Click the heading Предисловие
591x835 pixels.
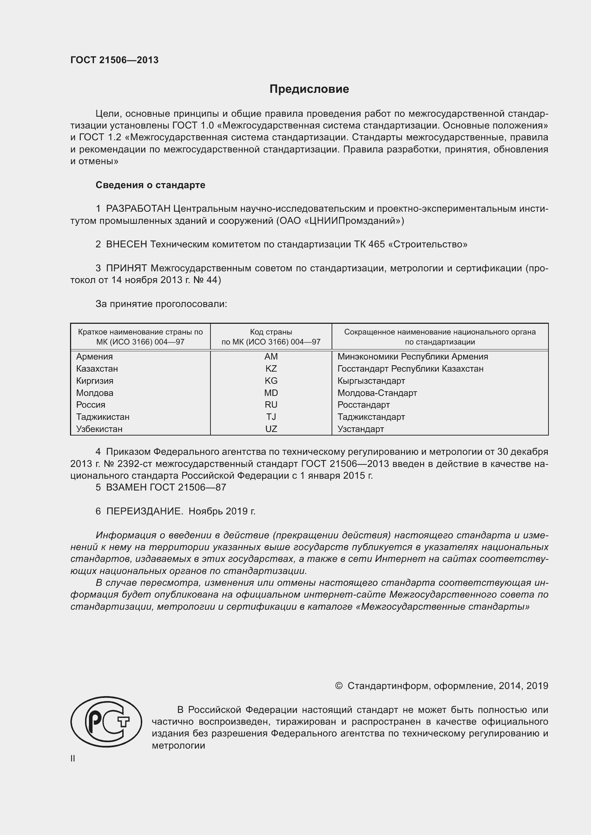[309, 89]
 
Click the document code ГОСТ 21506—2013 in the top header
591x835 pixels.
[114, 60]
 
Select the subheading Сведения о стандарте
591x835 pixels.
[150, 185]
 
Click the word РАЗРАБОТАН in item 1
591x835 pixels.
[138, 209]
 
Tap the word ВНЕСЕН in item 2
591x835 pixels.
[126, 245]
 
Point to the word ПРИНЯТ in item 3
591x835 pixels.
[126, 268]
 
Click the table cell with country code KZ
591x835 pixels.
[271, 369]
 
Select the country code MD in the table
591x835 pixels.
[271, 393]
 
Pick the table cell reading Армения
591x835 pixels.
[94, 357]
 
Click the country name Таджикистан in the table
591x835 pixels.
[103, 417]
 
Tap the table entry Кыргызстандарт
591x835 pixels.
[371, 381]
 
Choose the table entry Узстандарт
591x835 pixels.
[360, 429]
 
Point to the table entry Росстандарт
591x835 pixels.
[363, 405]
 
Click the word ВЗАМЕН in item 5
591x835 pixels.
[126, 487]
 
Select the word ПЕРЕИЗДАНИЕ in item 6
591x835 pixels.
[144, 511]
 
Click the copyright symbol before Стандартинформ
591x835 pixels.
[338, 686]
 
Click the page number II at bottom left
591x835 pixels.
[73, 758]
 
